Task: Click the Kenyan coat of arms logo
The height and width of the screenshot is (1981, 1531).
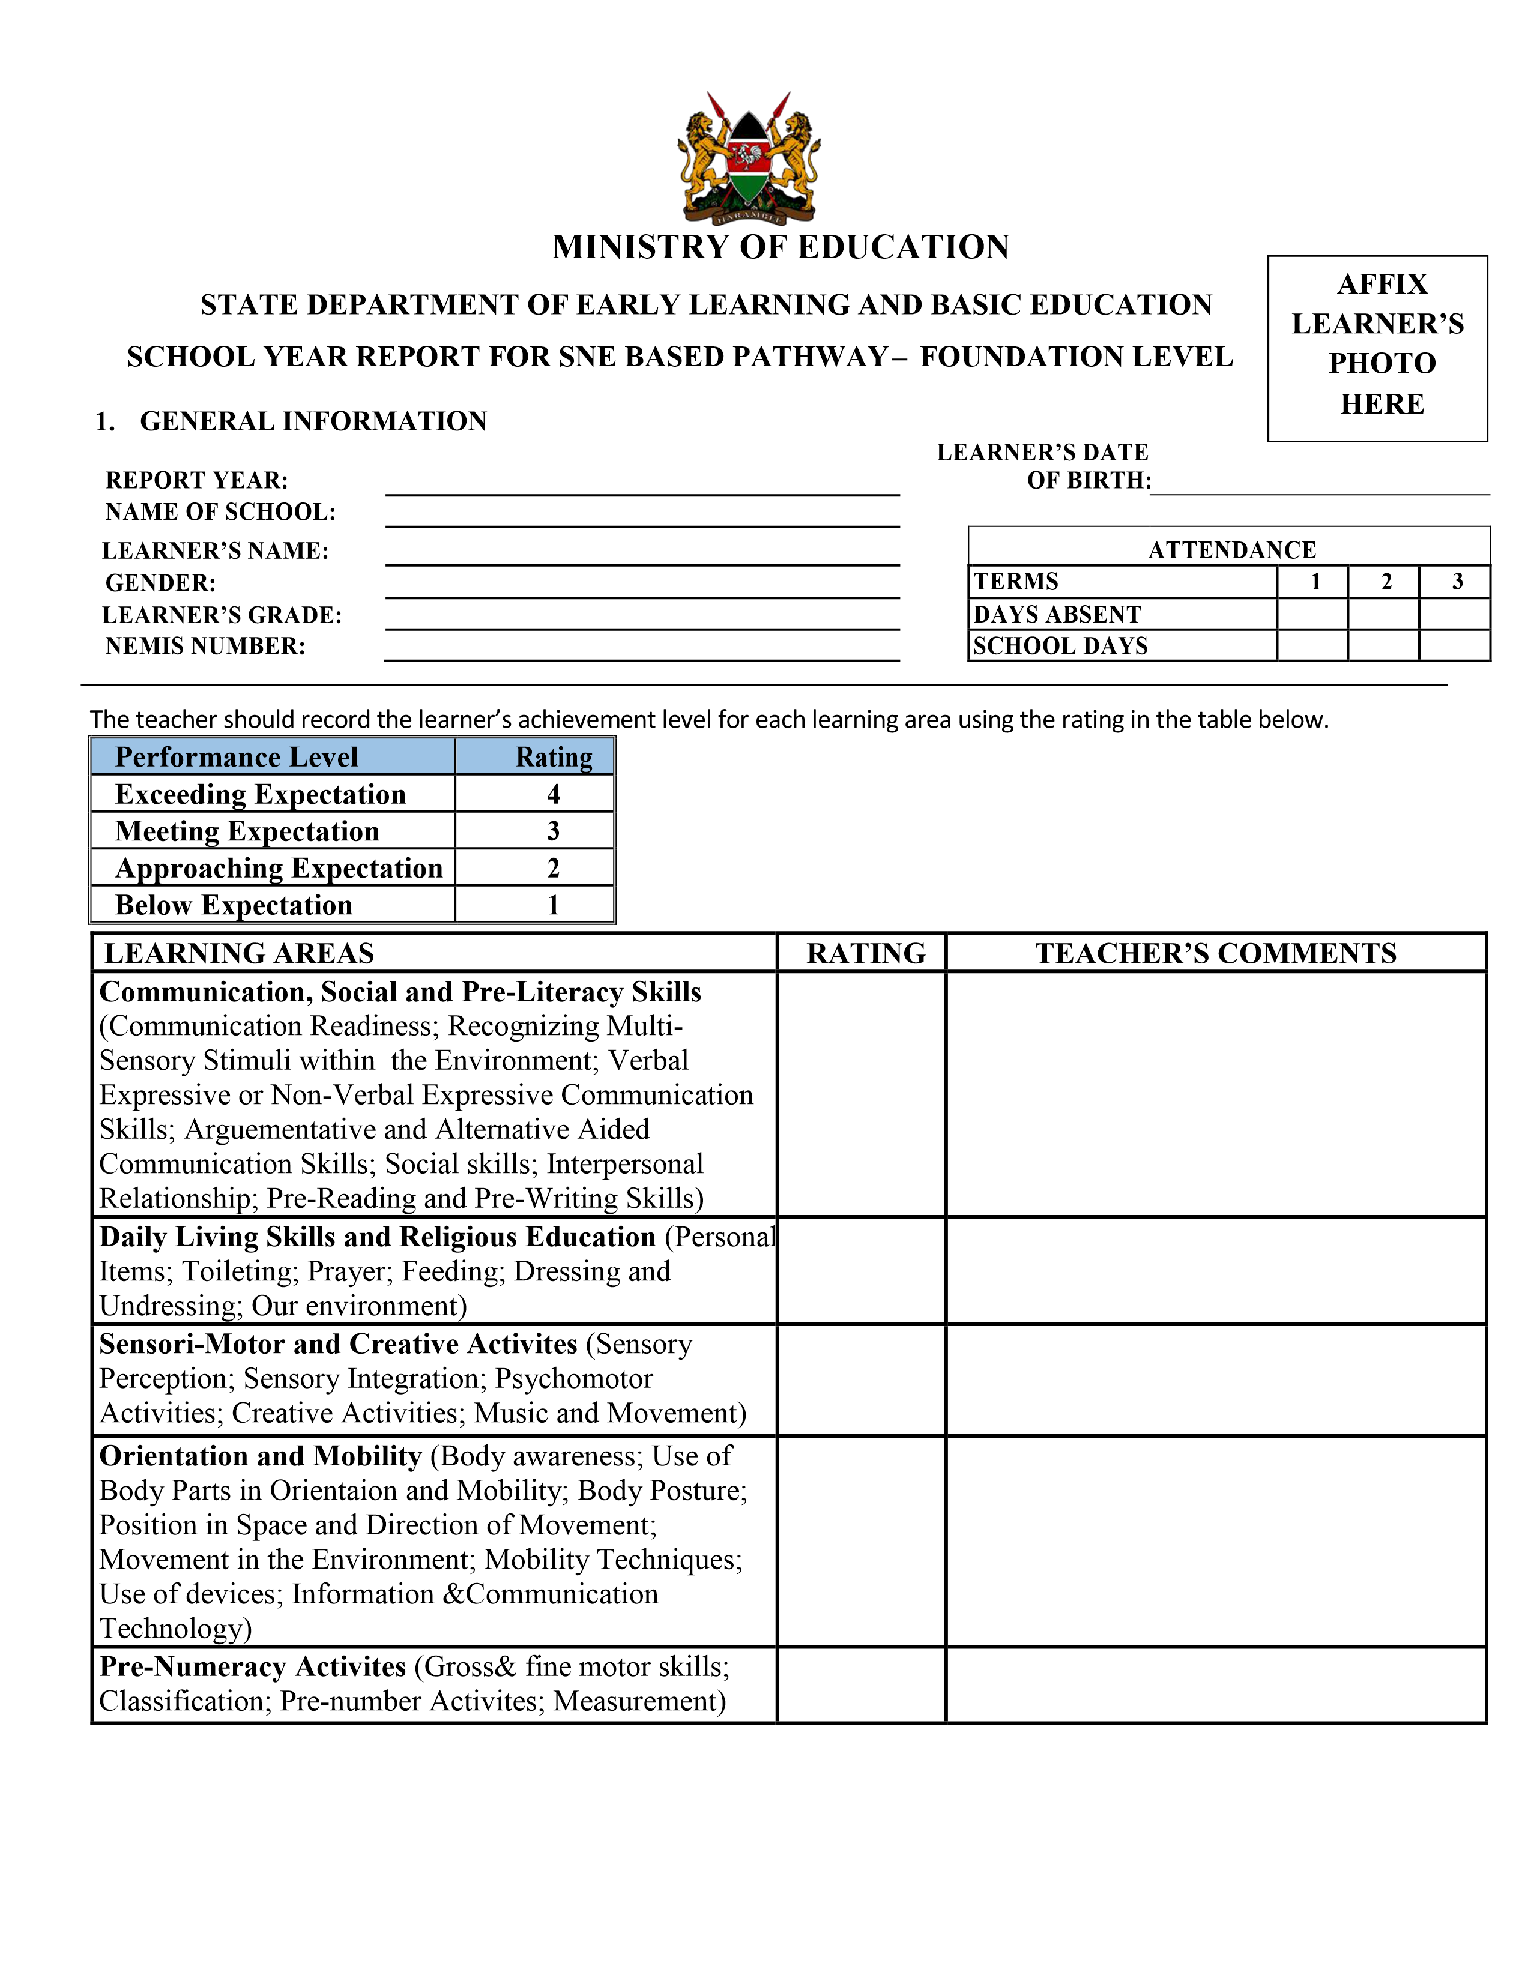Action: point(749,158)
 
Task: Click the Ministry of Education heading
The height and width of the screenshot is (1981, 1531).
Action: point(780,247)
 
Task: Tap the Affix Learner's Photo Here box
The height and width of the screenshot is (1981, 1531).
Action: point(1377,348)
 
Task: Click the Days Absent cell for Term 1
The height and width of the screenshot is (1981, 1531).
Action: point(1312,614)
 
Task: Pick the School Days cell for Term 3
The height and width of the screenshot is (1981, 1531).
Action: point(1455,646)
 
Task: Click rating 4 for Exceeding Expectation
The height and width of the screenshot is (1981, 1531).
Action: point(554,795)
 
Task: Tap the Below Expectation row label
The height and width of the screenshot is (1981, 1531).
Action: point(234,905)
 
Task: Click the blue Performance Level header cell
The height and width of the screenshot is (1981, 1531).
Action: point(272,756)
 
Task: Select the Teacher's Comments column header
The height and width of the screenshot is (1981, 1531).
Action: point(1215,953)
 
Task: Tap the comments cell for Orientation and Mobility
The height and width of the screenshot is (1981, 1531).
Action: point(1215,1541)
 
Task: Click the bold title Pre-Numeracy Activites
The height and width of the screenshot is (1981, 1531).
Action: point(253,1667)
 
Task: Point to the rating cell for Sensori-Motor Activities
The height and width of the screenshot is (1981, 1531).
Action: point(862,1379)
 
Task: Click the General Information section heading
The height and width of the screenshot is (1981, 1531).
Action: point(313,421)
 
